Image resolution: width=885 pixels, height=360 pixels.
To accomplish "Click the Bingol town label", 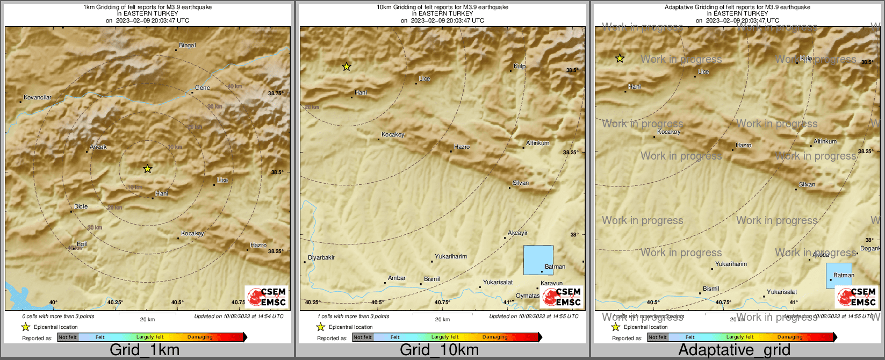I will click(187, 46).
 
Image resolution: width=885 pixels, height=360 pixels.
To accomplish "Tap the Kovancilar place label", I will click(38, 98).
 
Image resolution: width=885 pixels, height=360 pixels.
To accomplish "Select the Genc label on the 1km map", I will click(202, 88).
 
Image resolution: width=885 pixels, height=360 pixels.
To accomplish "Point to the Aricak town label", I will click(98, 147).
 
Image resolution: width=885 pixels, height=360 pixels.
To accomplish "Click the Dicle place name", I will click(81, 207).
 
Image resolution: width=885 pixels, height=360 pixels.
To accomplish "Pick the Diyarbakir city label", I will click(321, 258).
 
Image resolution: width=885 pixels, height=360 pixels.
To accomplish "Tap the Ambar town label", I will click(397, 278).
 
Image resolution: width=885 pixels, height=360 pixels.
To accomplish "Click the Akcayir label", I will click(517, 233).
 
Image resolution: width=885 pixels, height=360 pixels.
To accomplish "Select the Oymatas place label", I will click(527, 296).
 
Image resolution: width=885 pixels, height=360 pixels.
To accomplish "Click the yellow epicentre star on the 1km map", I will click(148, 169).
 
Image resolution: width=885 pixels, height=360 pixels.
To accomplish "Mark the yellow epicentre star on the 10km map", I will click(347, 67).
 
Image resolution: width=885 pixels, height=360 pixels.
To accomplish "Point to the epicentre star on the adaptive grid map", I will click(620, 58).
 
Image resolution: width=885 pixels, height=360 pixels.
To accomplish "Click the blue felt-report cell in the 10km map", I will click(538, 260).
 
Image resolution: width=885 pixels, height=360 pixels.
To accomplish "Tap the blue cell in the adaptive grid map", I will click(838, 276).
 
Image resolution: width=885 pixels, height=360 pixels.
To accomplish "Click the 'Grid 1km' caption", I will click(145, 350).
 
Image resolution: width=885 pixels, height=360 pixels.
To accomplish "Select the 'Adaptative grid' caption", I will click(734, 350).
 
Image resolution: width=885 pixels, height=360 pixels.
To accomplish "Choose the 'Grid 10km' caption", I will click(439, 350).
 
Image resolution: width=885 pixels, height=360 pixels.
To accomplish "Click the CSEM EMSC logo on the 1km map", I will click(267, 297).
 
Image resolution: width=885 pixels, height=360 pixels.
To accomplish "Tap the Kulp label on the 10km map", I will click(519, 67).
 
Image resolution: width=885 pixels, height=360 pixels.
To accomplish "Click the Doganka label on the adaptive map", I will click(870, 249).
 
